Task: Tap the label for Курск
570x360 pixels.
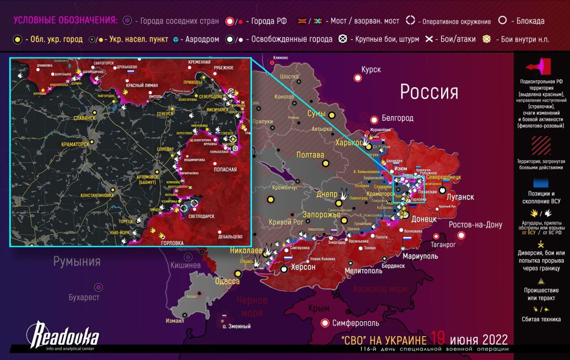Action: click(x=370, y=69)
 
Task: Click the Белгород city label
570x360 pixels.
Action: click(x=397, y=118)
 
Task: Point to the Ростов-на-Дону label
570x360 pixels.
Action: click(x=475, y=225)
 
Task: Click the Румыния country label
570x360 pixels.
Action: click(x=77, y=262)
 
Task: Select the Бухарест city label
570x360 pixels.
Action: click(x=84, y=297)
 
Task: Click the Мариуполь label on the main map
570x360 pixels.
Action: click(x=420, y=256)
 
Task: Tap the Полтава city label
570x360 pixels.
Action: click(x=310, y=155)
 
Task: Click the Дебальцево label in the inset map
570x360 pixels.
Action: click(x=230, y=235)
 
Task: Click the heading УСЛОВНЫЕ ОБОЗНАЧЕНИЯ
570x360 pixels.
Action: click(x=65, y=21)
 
